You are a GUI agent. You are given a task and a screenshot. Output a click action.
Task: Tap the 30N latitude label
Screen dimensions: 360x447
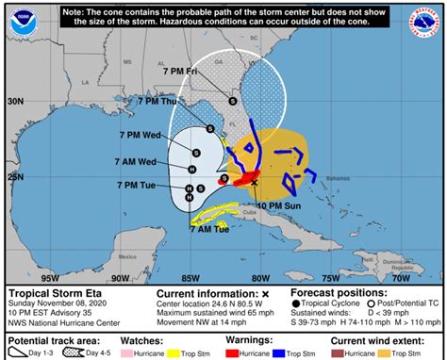(x=15, y=99)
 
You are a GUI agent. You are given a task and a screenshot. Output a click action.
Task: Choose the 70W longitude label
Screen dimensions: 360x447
(x=400, y=277)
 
